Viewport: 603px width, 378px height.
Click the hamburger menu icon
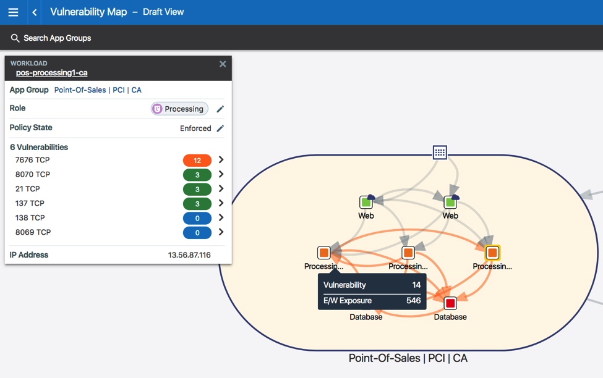tap(13, 12)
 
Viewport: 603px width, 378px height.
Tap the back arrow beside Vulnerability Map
tap(35, 12)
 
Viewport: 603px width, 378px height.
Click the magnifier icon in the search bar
tap(15, 38)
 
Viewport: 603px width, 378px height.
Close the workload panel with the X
tap(223, 64)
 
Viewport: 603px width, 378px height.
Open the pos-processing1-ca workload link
tap(51, 73)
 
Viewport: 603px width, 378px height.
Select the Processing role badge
tap(179, 109)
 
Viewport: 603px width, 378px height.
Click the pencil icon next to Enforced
tap(220, 128)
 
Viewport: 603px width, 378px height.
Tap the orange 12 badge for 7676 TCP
tap(197, 161)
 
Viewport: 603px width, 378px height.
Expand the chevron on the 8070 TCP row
tap(221, 175)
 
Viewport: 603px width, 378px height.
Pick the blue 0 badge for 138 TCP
tap(197, 218)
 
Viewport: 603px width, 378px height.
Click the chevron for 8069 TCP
tap(221, 232)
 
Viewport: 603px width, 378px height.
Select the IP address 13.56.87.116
tap(189, 255)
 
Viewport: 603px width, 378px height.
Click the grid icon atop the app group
tap(440, 153)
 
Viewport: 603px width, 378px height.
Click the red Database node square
tap(450, 303)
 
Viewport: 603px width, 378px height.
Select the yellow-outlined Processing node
tap(492, 253)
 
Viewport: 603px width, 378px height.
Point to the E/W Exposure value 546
tap(413, 301)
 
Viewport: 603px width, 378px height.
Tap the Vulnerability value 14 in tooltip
tap(416, 285)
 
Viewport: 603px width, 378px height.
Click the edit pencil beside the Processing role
tap(220, 109)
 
